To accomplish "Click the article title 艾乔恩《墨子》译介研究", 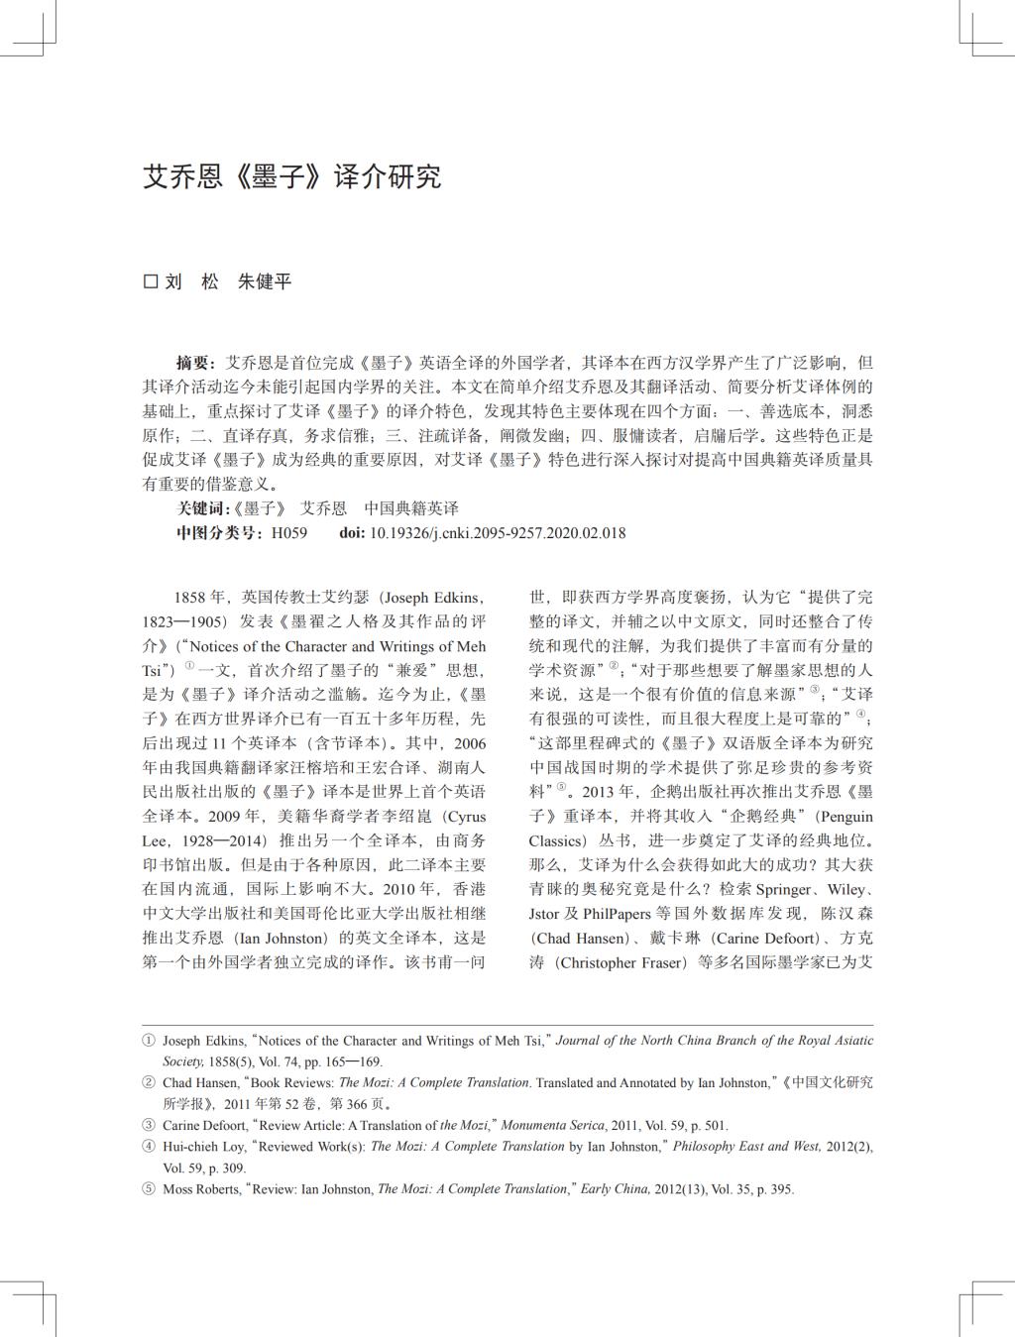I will [291, 177].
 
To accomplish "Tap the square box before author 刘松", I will [151, 281].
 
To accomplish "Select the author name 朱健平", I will [265, 281].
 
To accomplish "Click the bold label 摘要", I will [194, 363].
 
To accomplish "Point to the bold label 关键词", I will [202, 508].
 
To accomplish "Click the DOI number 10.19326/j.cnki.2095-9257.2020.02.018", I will [497, 533].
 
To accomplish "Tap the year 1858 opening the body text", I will [189, 598].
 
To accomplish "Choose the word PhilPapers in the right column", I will [617, 914].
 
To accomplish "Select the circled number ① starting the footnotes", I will [149, 1041].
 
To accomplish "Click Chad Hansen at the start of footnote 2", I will [200, 1083].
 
